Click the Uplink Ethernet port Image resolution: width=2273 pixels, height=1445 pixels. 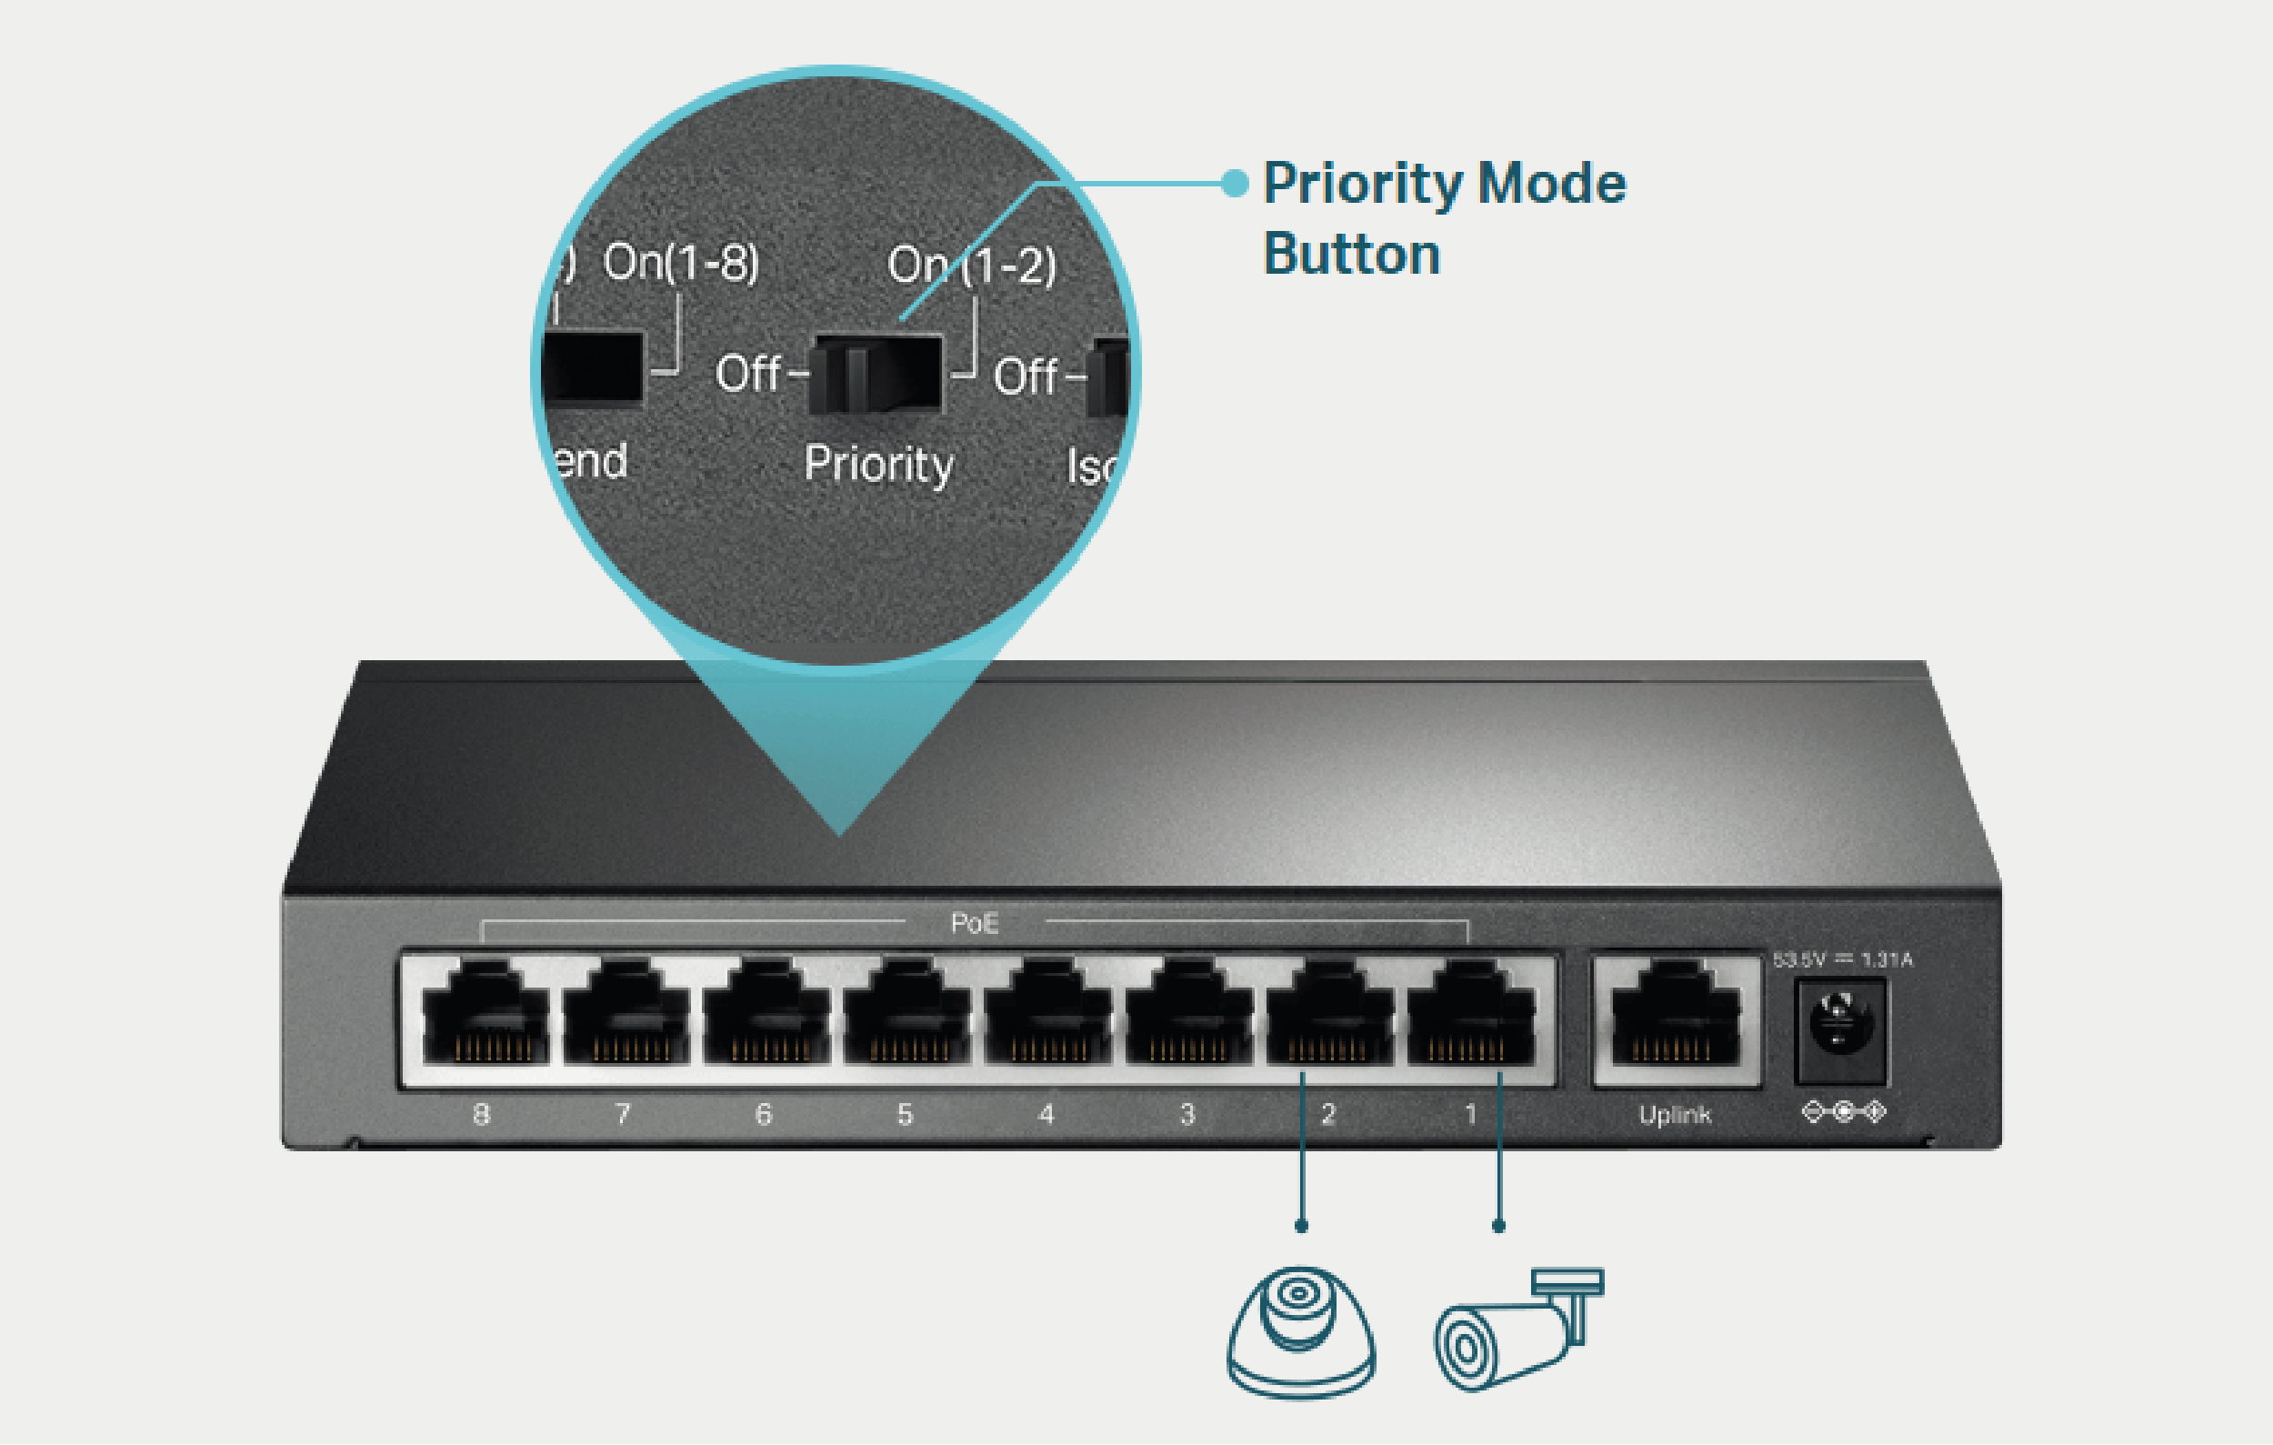tap(1675, 1016)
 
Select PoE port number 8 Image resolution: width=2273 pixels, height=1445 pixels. tap(485, 1016)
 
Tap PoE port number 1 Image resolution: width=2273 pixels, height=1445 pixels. tap(1469, 1016)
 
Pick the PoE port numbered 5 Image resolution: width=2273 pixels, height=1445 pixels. tap(907, 1016)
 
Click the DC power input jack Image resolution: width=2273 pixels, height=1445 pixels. tap(1838, 1028)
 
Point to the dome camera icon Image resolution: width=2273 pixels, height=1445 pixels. tap(1301, 1330)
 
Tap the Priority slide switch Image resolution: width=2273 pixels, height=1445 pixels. tap(876, 374)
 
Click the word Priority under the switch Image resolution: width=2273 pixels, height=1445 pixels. tap(878, 465)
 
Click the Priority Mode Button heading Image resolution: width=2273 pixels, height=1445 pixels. tap(1443, 218)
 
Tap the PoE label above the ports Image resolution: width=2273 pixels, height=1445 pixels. tap(974, 922)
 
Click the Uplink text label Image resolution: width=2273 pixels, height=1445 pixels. tap(1675, 1115)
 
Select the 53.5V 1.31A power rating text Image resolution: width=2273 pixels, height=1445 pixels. tap(1843, 960)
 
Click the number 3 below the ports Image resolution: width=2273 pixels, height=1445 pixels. tap(1187, 1115)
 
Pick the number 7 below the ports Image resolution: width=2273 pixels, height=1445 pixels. tap(622, 1115)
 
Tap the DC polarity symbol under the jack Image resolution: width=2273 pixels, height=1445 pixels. tap(1844, 1112)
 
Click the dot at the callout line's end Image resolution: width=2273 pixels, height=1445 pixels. tap(1235, 183)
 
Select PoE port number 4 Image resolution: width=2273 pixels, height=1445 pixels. tap(1047, 1016)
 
